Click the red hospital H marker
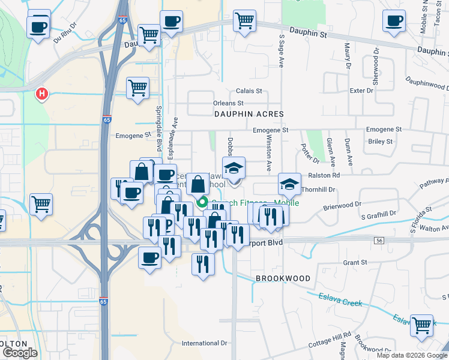[x=41, y=94]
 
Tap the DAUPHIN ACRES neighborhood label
[x=249, y=113]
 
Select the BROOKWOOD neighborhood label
[x=283, y=278]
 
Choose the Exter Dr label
[x=361, y=91]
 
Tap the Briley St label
[x=380, y=142]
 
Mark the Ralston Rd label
[x=324, y=175]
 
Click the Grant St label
[x=355, y=262]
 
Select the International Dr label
[x=205, y=344]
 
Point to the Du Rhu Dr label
[x=65, y=37]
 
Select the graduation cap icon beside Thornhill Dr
[x=289, y=185]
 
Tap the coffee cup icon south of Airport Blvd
[x=150, y=259]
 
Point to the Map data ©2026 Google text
[x=411, y=355]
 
